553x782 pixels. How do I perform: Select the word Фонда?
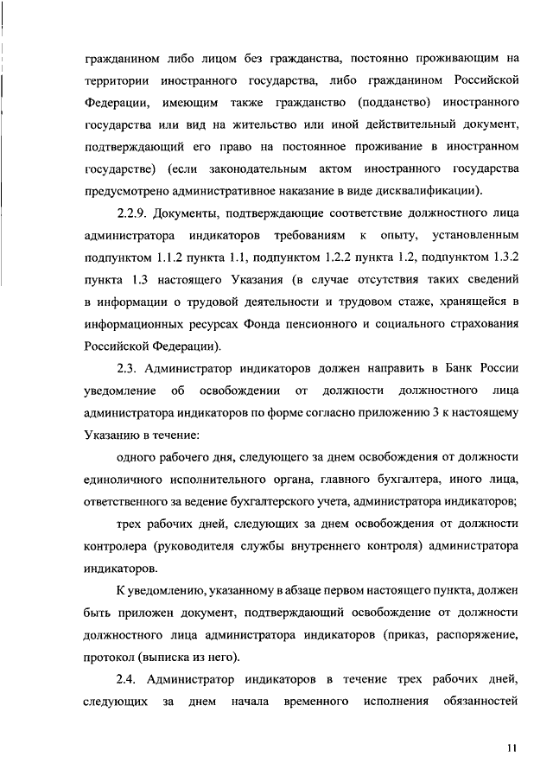click(x=278, y=325)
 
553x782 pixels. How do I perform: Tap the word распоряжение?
click(x=475, y=634)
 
